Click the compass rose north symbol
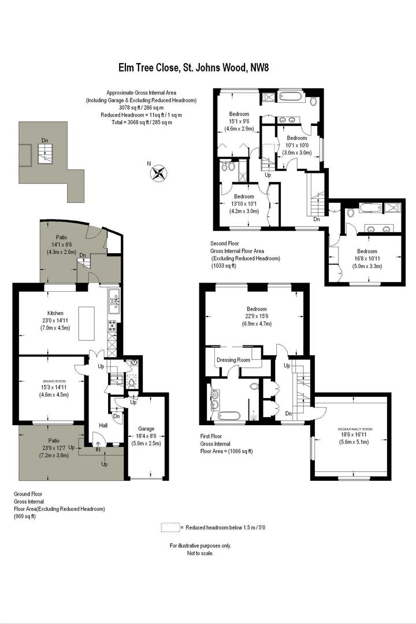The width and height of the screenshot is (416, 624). [159, 172]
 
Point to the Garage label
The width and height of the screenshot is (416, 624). [146, 429]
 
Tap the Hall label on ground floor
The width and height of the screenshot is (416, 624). [103, 425]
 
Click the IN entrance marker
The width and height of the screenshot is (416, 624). [98, 449]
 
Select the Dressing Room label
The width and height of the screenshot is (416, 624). [233, 360]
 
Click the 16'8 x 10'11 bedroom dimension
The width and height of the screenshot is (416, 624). [367, 259]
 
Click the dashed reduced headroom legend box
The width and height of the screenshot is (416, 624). [170, 527]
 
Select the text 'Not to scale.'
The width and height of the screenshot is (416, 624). [200, 553]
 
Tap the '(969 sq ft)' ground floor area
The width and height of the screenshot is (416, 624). [25, 516]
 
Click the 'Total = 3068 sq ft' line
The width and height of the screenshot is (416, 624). [141, 122]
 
